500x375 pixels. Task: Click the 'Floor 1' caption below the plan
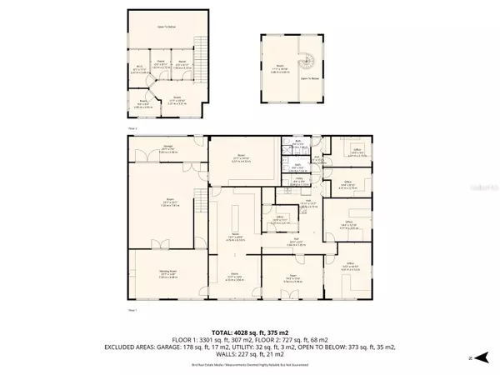[x=132, y=309]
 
